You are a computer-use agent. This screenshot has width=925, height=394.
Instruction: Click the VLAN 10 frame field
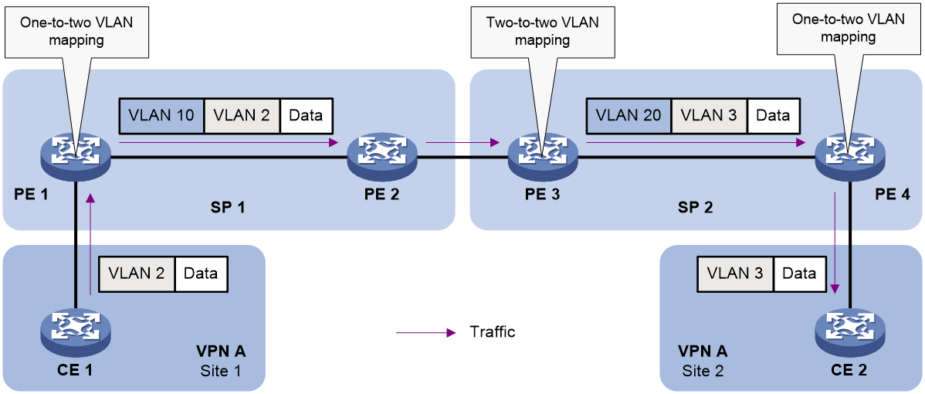(162, 115)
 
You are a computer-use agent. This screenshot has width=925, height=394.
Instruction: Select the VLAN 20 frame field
(629, 115)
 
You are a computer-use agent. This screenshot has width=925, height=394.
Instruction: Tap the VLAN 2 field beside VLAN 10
(242, 115)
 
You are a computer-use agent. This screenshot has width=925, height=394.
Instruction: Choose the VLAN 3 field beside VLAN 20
(709, 115)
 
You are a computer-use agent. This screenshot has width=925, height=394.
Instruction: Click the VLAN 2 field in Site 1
(137, 273)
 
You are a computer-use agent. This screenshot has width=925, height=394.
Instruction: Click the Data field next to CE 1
(200, 273)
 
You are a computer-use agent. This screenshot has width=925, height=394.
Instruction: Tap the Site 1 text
(220, 371)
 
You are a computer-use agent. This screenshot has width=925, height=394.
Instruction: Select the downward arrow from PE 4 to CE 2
(835, 243)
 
